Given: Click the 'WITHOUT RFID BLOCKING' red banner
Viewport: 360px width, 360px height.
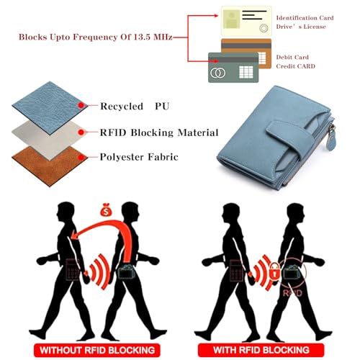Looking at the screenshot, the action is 97,350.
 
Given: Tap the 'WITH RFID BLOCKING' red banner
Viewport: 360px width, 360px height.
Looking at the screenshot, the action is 261,350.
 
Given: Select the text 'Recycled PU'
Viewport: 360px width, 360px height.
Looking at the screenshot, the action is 135,106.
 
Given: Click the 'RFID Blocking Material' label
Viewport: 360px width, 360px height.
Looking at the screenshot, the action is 159,132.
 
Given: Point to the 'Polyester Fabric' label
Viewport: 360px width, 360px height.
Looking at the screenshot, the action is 139,157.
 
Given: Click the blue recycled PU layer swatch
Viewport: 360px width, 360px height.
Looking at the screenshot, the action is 49,108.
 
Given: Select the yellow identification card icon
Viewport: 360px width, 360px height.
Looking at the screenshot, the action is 246,22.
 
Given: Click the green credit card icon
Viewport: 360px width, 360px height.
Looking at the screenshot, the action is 233,68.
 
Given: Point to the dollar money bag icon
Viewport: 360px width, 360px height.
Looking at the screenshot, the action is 106,210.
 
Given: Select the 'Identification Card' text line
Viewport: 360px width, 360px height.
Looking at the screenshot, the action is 305,18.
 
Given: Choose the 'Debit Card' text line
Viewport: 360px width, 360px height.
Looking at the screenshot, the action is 292,57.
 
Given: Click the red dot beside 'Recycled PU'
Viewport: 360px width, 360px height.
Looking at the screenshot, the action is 81,105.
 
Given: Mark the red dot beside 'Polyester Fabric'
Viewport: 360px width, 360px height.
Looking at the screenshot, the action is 81,158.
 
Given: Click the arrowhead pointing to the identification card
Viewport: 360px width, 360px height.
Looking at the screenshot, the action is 216,16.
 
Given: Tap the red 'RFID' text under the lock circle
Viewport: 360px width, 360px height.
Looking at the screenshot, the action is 292,293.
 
